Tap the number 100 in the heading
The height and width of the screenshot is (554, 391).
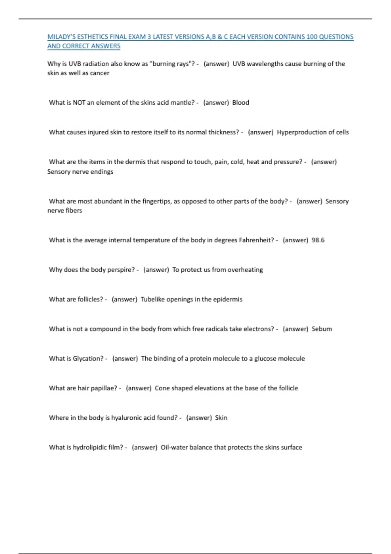click(312, 37)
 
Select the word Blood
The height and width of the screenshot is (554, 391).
click(240, 103)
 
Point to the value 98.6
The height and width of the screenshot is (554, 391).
click(318, 240)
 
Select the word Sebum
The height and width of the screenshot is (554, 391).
click(322, 329)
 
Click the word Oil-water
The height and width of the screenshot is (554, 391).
click(174, 447)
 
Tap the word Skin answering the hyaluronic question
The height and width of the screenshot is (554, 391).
click(221, 418)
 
